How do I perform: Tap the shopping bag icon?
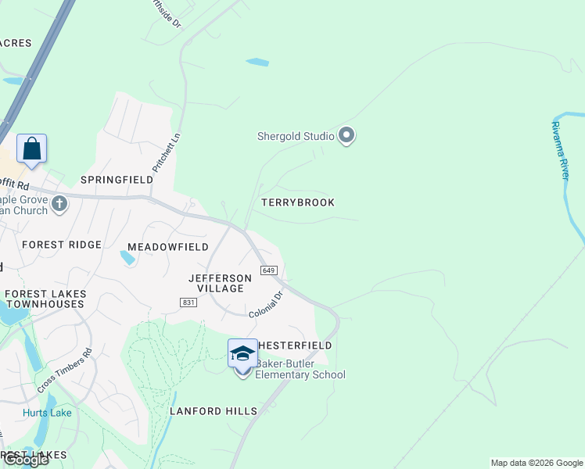coord(31,149)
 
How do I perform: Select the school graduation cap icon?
coord(242,355)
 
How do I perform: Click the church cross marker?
coord(60,205)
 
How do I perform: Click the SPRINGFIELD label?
coord(117,180)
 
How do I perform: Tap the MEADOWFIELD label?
coord(168,247)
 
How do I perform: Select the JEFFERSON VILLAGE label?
coord(221,283)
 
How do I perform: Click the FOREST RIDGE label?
coord(62,245)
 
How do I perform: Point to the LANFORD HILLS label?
coord(214,411)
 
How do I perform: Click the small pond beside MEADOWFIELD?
coord(127,257)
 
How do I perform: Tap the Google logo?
coord(25,460)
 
